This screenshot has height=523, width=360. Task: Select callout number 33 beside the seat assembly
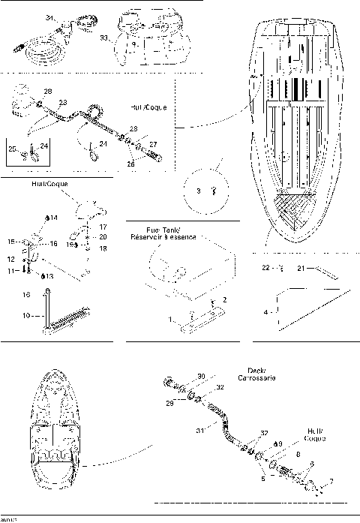pos(105,35)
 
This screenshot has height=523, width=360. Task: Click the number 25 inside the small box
pos(13,149)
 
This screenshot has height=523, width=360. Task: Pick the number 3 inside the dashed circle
pos(199,191)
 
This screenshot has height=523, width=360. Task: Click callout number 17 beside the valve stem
pos(103,225)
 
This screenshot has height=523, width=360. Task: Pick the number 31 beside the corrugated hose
pos(200,429)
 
